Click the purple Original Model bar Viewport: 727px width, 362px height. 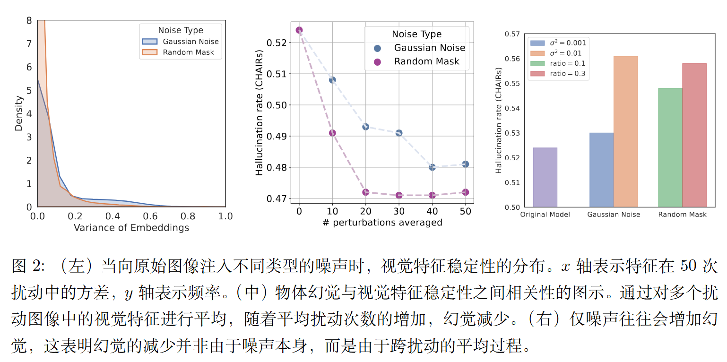545,177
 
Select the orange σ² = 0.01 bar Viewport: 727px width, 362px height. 626,131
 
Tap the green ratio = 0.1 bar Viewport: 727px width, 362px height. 670,147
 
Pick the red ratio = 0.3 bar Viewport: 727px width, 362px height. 694,135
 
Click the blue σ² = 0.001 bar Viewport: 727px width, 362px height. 601,170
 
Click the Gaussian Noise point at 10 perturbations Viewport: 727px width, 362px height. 332,80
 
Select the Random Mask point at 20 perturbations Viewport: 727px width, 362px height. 365,192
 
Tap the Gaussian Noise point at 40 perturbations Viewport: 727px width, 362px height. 432,167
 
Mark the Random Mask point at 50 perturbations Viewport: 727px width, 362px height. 466,192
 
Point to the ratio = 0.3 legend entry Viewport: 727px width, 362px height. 568,73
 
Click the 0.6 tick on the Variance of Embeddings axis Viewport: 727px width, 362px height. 150,216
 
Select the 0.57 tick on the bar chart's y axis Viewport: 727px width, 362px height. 512,34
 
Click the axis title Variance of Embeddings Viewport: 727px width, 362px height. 131,228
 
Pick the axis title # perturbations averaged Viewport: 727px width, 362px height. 382,222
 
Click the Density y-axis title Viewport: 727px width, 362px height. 19,113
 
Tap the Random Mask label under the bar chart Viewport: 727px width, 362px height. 682,215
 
